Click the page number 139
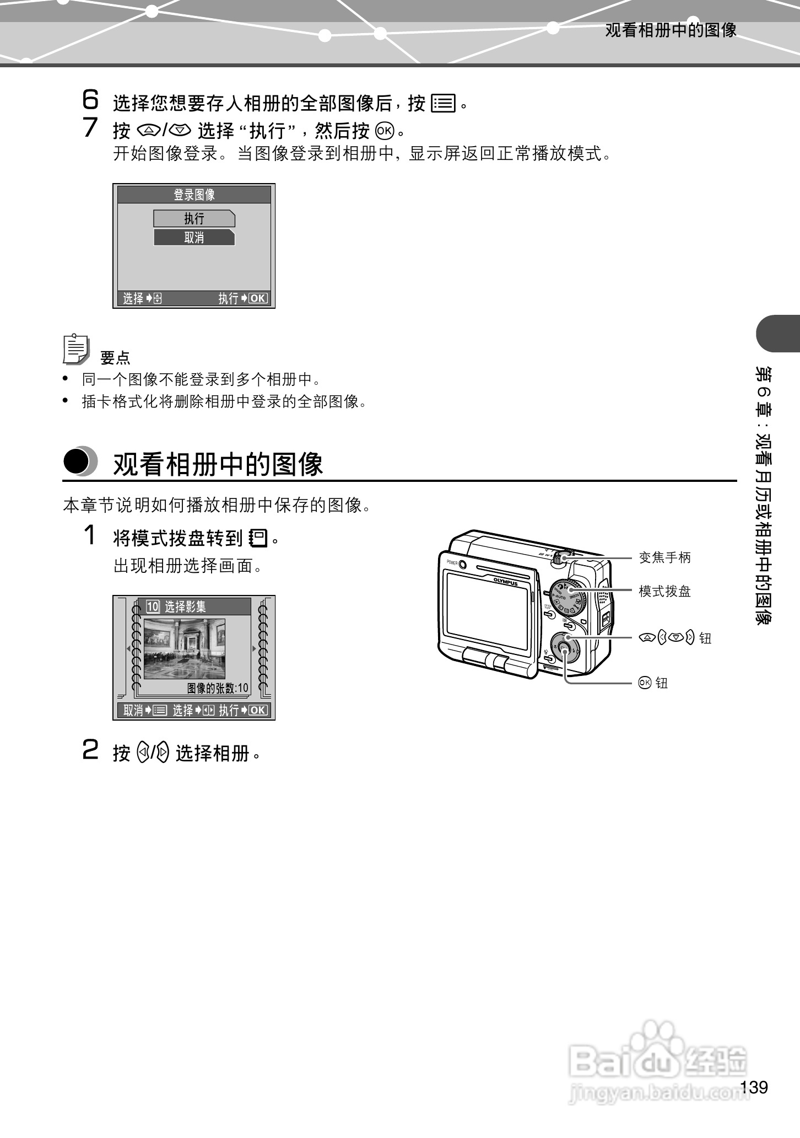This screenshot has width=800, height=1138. [x=754, y=1087]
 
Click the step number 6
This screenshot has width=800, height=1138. [x=90, y=100]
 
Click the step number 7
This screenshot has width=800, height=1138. [x=90, y=128]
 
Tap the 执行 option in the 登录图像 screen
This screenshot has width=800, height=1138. [x=194, y=219]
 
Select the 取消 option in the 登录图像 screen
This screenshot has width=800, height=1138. [x=194, y=238]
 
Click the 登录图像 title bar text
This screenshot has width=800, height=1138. [x=194, y=195]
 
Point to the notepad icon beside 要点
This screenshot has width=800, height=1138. [x=75, y=349]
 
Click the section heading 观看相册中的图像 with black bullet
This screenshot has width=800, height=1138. [x=218, y=464]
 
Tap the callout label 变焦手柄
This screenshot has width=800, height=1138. [x=664, y=557]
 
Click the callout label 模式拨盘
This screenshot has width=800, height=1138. [x=664, y=592]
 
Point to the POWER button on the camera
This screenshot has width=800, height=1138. [x=462, y=565]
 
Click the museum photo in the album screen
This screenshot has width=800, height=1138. [x=185, y=648]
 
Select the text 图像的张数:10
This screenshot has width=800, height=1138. [x=218, y=688]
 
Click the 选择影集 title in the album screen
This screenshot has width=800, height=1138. [x=185, y=607]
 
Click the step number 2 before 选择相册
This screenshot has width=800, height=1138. [x=90, y=751]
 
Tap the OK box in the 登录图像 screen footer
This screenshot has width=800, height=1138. [x=258, y=299]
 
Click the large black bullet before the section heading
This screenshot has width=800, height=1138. [x=77, y=462]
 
